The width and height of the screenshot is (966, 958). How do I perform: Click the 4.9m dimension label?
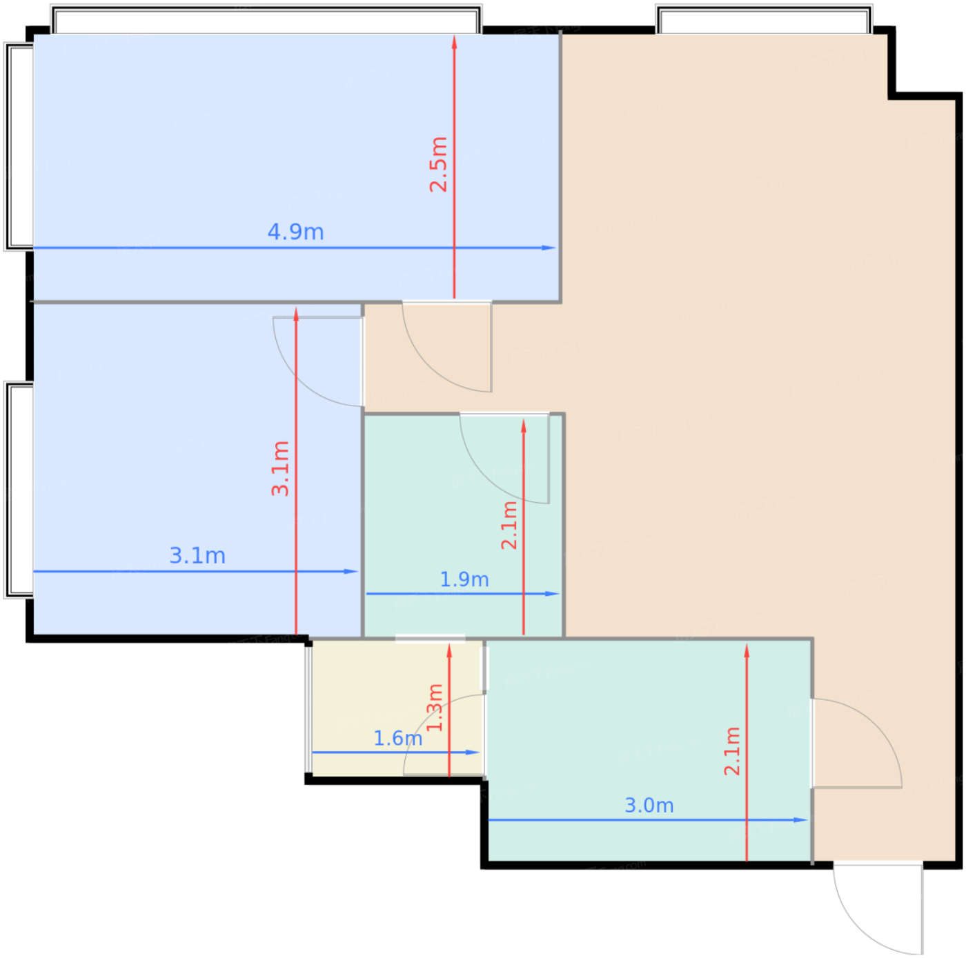tap(295, 232)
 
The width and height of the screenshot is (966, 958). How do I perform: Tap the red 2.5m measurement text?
tap(438, 164)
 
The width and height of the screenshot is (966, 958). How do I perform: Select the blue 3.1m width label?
tap(197, 555)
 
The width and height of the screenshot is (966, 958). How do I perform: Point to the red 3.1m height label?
tap(280, 468)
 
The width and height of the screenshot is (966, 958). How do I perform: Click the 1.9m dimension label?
tap(464, 579)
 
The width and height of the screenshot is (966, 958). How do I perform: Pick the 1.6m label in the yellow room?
tap(397, 738)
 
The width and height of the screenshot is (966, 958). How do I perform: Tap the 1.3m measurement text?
tap(434, 708)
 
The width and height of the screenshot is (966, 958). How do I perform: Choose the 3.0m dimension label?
tap(649, 805)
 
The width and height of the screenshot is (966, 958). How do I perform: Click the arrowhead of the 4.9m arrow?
tap(549, 248)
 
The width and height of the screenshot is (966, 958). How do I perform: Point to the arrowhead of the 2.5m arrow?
tap(454, 42)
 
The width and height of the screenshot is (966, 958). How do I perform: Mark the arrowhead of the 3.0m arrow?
tap(800, 820)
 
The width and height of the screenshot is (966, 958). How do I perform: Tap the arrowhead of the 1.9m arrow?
tap(552, 594)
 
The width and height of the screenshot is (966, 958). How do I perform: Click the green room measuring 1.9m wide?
tap(463, 526)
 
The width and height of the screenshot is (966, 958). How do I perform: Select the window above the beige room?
tap(764, 20)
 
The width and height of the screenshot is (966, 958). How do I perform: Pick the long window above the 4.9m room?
tap(266, 20)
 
